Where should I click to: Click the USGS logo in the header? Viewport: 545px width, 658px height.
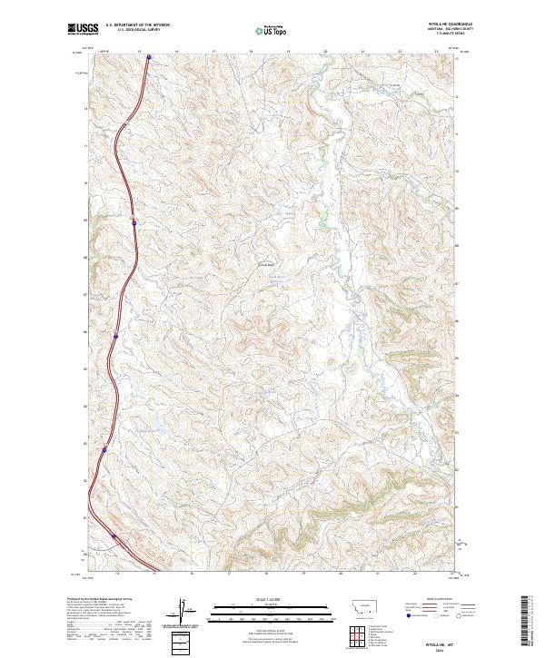(x=81, y=30)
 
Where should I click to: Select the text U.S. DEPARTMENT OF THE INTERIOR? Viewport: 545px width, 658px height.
(x=134, y=26)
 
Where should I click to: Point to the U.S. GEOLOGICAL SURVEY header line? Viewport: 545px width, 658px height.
(x=134, y=31)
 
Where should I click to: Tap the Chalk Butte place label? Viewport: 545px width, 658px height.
(x=267, y=265)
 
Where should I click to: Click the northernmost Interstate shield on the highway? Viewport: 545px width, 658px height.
(x=149, y=60)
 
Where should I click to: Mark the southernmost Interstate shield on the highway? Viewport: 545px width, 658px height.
(x=114, y=536)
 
